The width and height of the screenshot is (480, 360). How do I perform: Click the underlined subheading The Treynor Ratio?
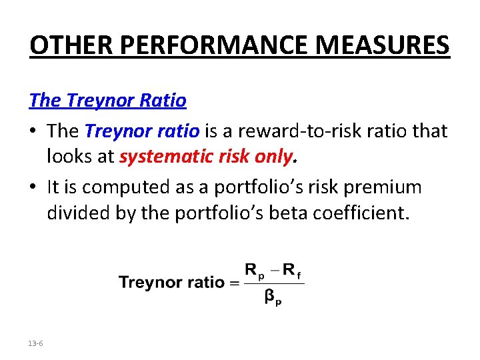click(x=107, y=101)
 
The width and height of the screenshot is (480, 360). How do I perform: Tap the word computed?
click(x=135, y=187)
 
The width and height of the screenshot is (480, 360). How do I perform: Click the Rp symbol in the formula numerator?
click(x=254, y=271)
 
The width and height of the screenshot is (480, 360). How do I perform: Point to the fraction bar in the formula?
click(x=273, y=283)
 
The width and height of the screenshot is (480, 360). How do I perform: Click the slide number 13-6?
click(x=36, y=343)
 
